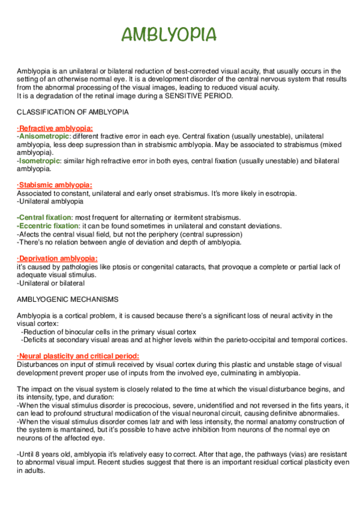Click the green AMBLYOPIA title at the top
(169, 35)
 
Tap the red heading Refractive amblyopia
(55, 128)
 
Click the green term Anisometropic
(44, 136)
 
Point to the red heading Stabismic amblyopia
(55, 185)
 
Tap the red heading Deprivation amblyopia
(58, 258)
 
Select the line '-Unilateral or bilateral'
(51, 282)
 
